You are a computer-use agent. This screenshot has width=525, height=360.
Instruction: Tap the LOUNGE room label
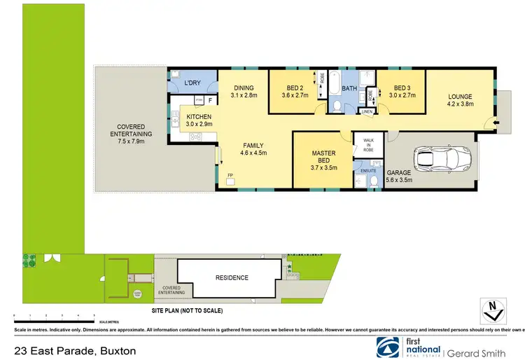point(460,100)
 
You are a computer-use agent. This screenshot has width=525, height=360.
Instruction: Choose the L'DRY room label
point(192,84)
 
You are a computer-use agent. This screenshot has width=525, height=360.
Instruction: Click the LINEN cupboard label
point(367,111)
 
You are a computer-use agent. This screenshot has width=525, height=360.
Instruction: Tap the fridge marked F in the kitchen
point(209,100)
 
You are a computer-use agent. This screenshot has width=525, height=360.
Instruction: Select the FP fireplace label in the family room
point(230,175)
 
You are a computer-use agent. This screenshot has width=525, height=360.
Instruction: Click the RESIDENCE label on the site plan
point(232,277)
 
